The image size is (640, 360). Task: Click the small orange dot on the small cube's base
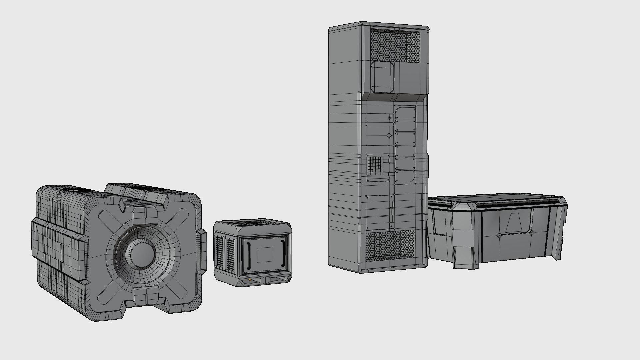[x=250, y=280]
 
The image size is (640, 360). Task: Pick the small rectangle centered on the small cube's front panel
[x=265, y=255]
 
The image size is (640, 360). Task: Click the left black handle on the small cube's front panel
[x=248, y=255]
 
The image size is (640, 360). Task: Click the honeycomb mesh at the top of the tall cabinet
[x=395, y=45]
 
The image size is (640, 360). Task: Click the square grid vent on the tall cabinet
[x=375, y=166]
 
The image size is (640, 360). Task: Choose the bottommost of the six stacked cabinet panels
[x=405, y=176]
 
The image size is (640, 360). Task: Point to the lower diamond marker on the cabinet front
[x=389, y=135]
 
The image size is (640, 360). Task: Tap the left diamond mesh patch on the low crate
[x=499, y=235]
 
